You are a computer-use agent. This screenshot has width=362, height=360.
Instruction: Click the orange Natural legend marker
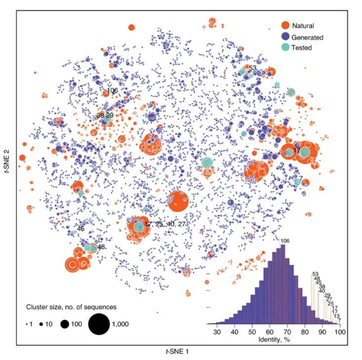click(x=285, y=25)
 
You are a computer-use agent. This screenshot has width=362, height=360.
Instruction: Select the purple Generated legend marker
click(x=285, y=37)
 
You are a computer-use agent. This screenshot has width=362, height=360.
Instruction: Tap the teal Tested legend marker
click(x=285, y=47)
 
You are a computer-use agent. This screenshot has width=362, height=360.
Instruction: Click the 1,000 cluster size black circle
click(x=99, y=324)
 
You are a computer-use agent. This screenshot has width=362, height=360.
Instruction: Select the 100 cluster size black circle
click(x=64, y=324)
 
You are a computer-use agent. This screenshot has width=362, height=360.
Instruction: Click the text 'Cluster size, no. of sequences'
click(x=71, y=307)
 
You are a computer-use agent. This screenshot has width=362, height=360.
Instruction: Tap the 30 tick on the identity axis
click(x=216, y=333)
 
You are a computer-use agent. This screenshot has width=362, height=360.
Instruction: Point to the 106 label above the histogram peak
click(x=285, y=241)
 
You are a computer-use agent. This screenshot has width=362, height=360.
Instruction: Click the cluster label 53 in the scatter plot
click(x=252, y=68)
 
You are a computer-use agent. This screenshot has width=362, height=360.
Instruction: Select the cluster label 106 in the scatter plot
click(x=112, y=90)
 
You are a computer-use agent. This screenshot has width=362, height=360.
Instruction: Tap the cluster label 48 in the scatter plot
click(x=101, y=247)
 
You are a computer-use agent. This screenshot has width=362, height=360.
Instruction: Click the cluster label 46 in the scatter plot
click(x=80, y=229)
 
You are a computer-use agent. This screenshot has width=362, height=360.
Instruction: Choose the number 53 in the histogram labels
click(x=315, y=274)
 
